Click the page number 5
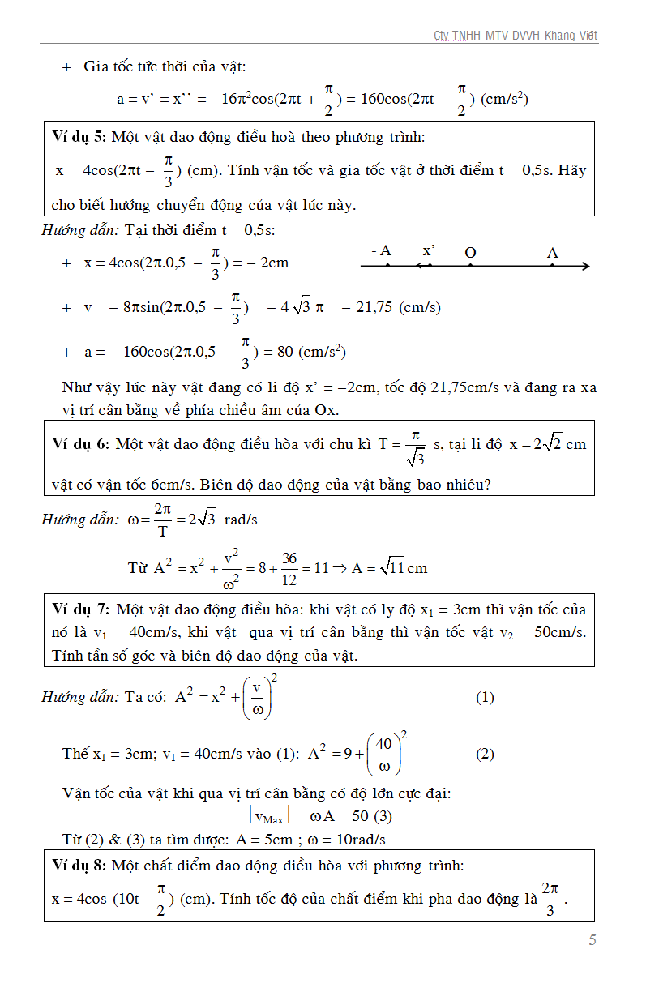[x=593, y=940]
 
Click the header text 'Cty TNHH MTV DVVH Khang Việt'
[x=516, y=36]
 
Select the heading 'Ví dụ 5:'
[x=78, y=137]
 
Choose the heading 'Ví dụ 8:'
[x=79, y=866]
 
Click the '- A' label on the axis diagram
[x=381, y=251]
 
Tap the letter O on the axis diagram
[x=470, y=253]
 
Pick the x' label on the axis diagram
[x=429, y=251]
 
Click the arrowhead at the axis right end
[x=585, y=266]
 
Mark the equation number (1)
[x=484, y=697]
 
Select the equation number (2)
[x=484, y=754]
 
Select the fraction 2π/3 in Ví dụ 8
[x=550, y=899]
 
